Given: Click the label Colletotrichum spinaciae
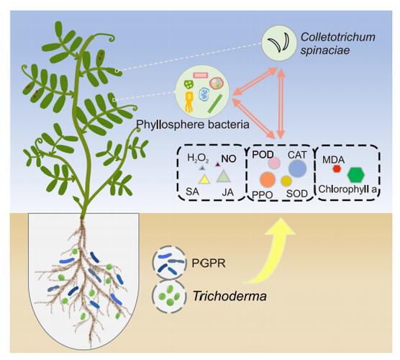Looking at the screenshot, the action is click(337, 43).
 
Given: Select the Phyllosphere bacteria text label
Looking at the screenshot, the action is click(193, 125).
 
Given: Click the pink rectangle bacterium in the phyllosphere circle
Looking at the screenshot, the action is click(201, 75).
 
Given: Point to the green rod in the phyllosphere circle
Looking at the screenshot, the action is click(215, 104).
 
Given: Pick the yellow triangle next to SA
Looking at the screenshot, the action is click(204, 179).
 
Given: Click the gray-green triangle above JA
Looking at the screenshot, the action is click(224, 176).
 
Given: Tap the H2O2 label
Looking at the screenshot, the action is click(198, 158).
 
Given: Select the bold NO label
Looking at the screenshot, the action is click(229, 159).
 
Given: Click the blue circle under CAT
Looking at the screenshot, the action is click(297, 168).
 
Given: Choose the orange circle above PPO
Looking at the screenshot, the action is click(268, 179).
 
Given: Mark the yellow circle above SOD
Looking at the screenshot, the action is click(286, 181).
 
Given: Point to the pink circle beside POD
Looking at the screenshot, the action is click(274, 163).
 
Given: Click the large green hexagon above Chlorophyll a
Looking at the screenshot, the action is click(356, 175).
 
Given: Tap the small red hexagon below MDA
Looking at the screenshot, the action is click(337, 168).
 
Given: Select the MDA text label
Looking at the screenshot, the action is click(333, 160).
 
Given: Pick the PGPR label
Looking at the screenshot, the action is click(209, 264).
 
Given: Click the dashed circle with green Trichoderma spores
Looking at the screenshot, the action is click(169, 297).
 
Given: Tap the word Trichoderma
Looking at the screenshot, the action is click(229, 297).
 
